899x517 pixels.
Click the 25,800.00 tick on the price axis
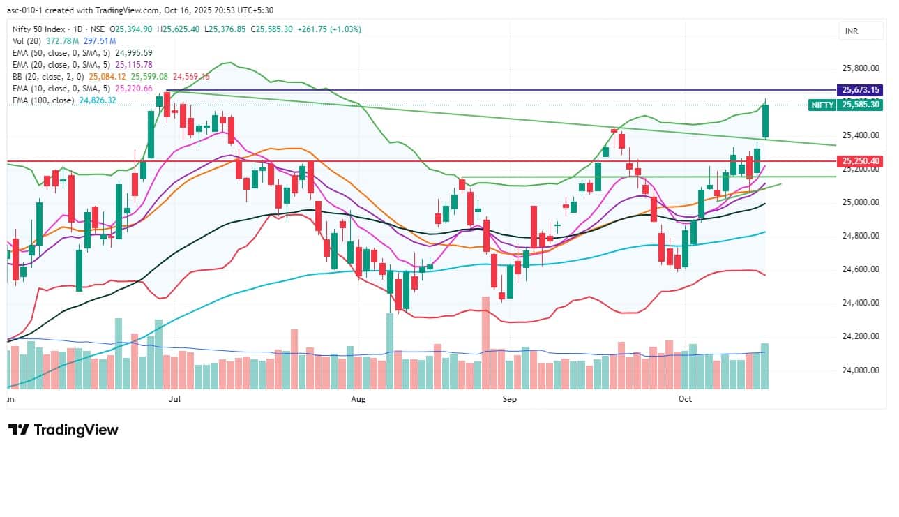(861, 68)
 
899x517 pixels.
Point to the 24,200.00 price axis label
(861, 336)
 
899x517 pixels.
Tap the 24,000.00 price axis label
(861, 370)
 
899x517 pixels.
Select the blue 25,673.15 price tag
(861, 90)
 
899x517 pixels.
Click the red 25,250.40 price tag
(861, 161)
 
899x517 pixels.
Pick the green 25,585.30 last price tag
(861, 105)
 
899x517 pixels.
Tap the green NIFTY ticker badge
(822, 105)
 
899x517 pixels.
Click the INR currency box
(852, 31)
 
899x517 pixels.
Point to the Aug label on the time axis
(358, 398)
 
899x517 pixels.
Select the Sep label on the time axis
(509, 398)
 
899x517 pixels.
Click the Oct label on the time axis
(685, 398)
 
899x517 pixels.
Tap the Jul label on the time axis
(174, 398)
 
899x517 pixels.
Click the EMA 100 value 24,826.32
(98, 100)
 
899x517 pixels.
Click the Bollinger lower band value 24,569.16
(190, 76)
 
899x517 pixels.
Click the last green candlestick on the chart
(765, 121)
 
